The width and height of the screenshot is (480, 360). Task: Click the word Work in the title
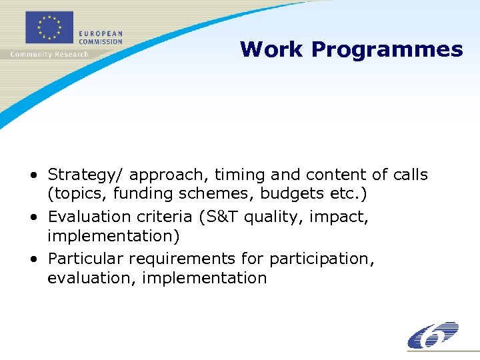[x=272, y=49]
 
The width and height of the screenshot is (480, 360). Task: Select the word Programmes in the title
[x=387, y=50]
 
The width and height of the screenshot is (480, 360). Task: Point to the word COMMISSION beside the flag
[x=101, y=41]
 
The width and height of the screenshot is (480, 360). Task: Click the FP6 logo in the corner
[x=433, y=335]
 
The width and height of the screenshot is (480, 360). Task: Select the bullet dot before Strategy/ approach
[x=33, y=175]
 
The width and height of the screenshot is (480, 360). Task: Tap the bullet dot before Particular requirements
[x=33, y=259]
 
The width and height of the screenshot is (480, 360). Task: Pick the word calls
[x=409, y=175]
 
